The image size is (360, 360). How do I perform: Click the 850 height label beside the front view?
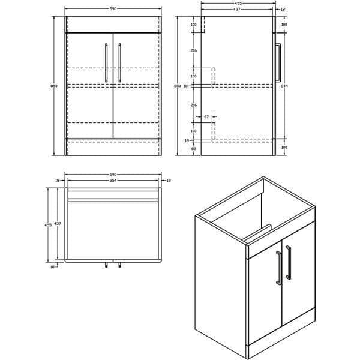tap(55, 86)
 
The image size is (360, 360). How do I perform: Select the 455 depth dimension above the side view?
tap(238, 3)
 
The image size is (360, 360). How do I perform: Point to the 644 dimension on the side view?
tap(284, 86)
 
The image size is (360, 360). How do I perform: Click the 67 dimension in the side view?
tap(206, 116)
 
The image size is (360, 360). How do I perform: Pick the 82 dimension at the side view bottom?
tap(194, 147)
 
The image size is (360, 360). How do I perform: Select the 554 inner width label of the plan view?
tap(113, 180)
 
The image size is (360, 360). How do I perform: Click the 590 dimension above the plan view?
tap(113, 175)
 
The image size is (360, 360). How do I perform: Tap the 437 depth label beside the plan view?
tap(58, 223)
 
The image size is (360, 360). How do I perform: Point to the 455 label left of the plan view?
tap(48, 225)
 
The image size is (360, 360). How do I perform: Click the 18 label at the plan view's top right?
tap(168, 180)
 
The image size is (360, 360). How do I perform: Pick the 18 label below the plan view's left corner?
tap(53, 267)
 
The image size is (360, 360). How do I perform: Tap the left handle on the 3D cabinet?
tap(278, 267)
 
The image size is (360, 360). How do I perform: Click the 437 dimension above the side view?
tap(238, 10)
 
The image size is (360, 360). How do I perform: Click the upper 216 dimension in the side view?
tap(194, 50)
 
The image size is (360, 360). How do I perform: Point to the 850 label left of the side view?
tap(177, 86)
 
